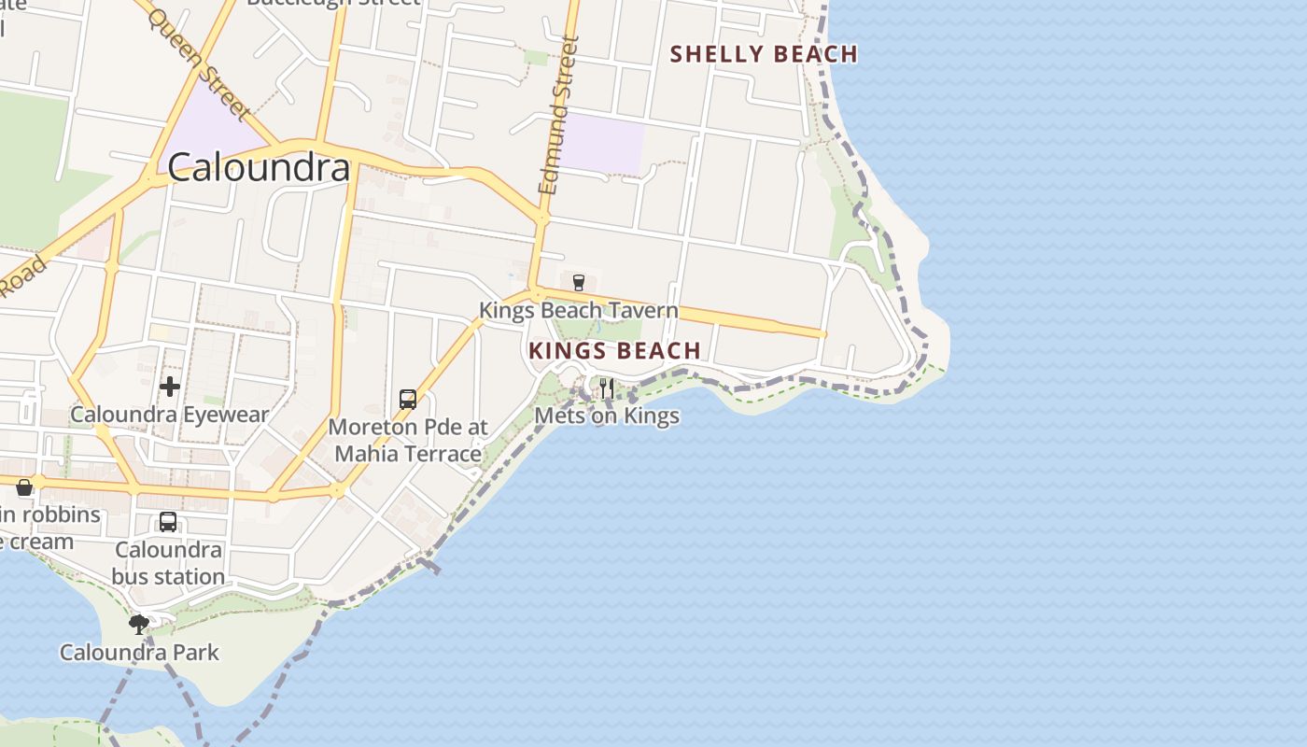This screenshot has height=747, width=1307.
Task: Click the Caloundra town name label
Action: (259, 167)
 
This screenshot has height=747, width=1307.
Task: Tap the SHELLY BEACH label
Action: (764, 54)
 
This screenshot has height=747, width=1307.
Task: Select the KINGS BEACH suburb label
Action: (614, 351)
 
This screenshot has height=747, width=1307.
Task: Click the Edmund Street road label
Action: (559, 115)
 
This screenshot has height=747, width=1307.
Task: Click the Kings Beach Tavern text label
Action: (578, 310)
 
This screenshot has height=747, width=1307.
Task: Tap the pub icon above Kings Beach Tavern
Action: (578, 282)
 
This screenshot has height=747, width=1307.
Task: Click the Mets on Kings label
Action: (607, 416)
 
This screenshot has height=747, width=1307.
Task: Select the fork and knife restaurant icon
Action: (607, 388)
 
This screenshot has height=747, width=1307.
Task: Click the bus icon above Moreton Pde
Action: (408, 400)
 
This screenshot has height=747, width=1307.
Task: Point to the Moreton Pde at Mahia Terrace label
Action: (408, 441)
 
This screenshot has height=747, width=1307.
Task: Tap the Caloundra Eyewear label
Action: (170, 415)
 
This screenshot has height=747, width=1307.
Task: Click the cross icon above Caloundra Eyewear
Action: (170, 386)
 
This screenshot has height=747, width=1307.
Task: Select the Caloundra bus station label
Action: (168, 563)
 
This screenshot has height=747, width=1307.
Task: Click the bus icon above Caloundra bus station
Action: (168, 522)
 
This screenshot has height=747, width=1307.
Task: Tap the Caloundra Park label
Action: (139, 652)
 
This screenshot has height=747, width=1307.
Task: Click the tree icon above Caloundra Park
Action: (139, 624)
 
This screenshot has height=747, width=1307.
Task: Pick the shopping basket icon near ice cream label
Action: (24, 486)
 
